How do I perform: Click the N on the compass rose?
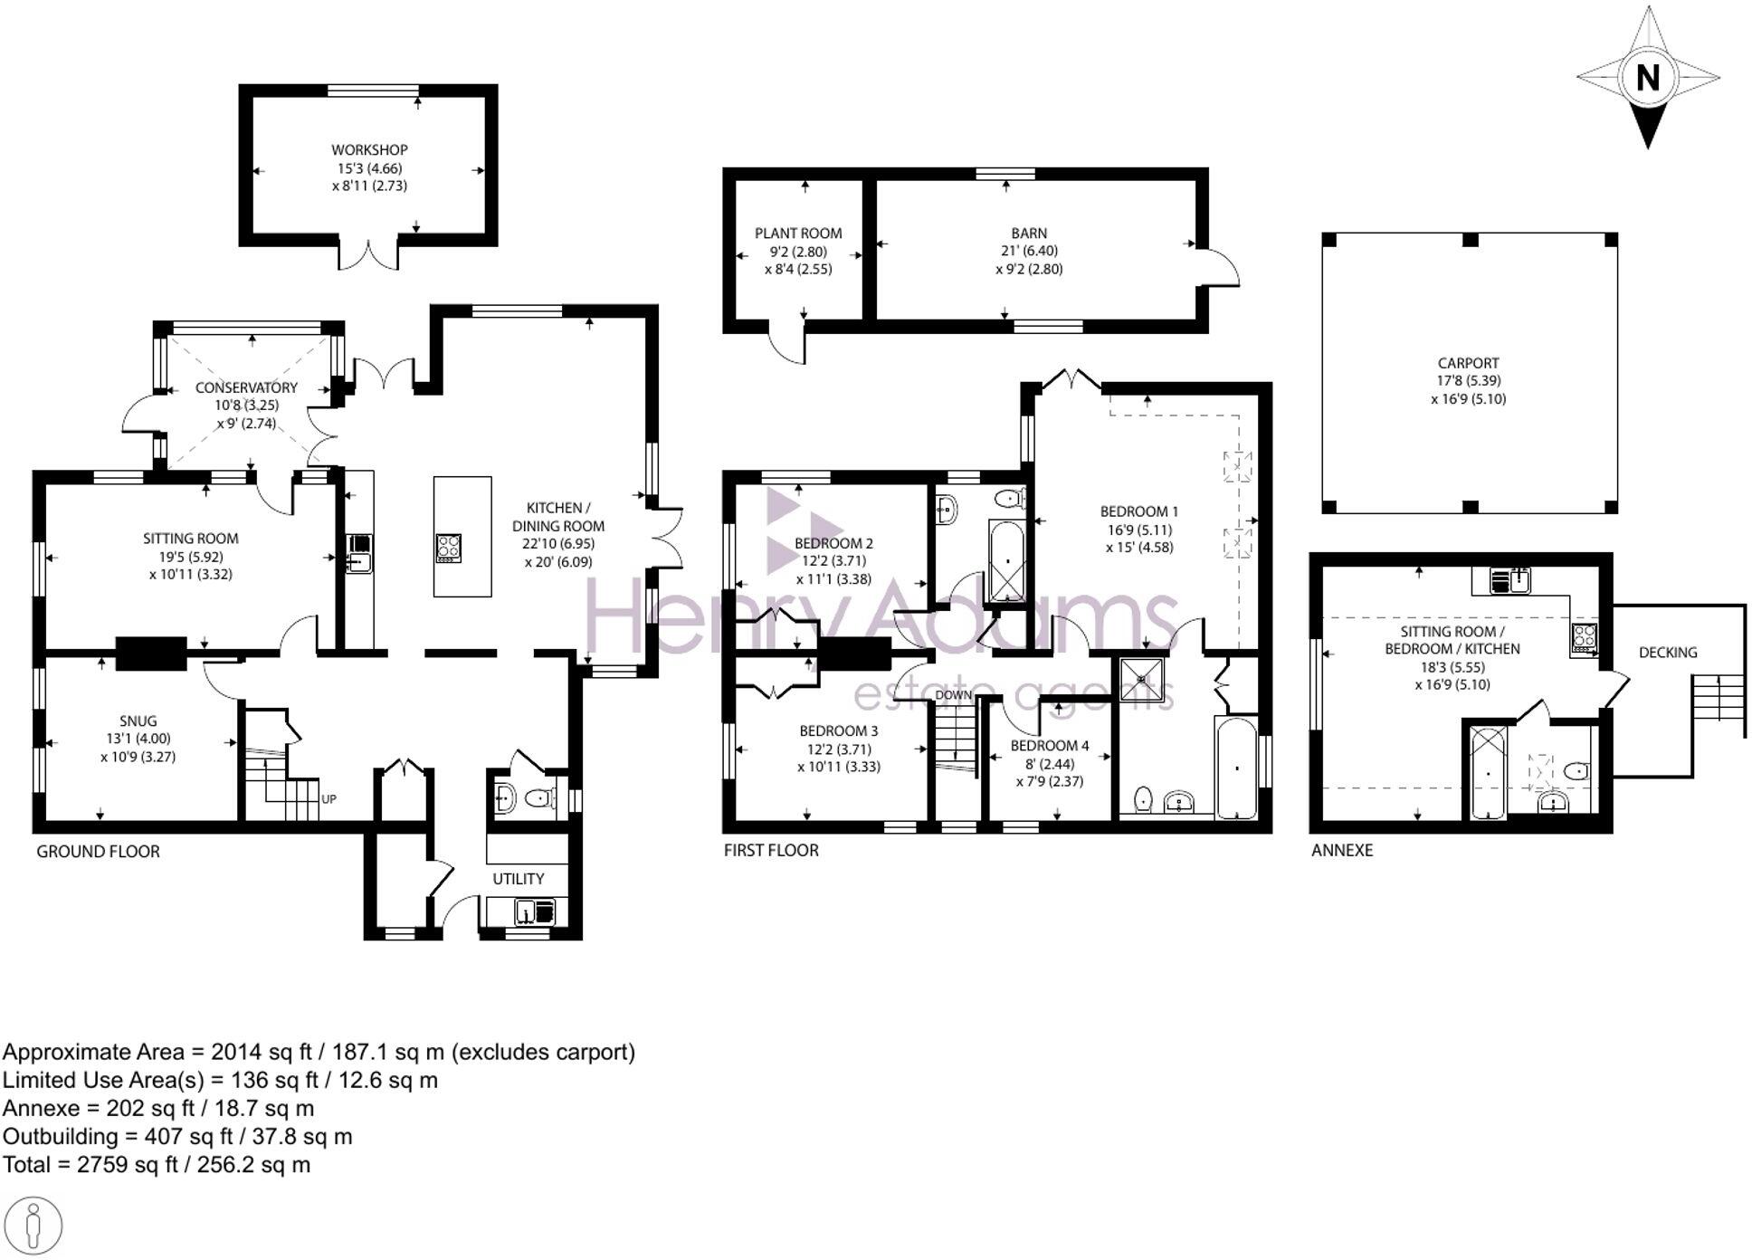tap(1647, 78)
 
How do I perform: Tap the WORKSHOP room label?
tap(369, 150)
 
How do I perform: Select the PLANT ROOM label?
tap(798, 234)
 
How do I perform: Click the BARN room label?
tap(1029, 234)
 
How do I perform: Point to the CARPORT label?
tap(1468, 363)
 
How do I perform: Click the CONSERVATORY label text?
tap(246, 387)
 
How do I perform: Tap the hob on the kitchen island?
tap(448, 548)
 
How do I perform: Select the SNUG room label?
tap(138, 721)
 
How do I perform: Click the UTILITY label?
tap(518, 879)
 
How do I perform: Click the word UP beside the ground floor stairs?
tap(328, 799)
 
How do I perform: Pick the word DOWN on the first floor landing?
tap(953, 695)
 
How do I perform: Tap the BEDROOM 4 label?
tap(1049, 746)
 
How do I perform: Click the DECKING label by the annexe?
tap(1667, 653)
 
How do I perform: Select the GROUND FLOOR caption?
tap(98, 852)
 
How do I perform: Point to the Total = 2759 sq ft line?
tap(157, 1165)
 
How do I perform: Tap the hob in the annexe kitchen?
tap(1584, 637)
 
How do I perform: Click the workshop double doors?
tap(368, 254)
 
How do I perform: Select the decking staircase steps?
tap(1718, 696)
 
